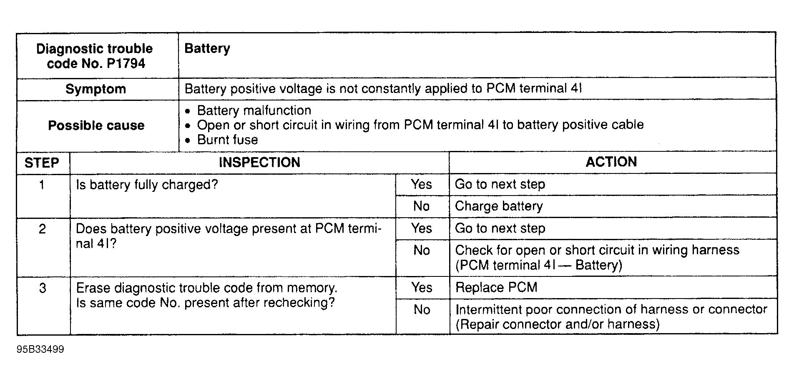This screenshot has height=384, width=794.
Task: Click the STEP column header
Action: (x=42, y=163)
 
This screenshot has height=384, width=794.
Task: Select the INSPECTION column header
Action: (x=259, y=162)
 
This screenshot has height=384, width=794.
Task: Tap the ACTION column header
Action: (x=611, y=162)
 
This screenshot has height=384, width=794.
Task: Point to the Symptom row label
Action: (x=96, y=89)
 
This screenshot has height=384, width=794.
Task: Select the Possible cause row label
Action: (x=96, y=125)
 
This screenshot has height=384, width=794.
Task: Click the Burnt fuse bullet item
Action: (x=227, y=140)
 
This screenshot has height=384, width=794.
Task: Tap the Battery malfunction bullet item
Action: (x=254, y=110)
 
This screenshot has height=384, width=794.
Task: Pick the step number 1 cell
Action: (x=42, y=185)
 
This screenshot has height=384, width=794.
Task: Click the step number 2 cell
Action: (x=42, y=229)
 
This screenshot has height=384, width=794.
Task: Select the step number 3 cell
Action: (x=42, y=288)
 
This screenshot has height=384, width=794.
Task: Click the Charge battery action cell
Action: (x=499, y=206)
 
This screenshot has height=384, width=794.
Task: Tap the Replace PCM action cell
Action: (x=496, y=287)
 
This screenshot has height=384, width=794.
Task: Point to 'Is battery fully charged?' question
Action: (x=147, y=184)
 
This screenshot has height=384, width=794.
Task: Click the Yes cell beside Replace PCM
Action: (x=422, y=287)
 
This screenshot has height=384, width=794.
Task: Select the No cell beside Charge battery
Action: (x=422, y=206)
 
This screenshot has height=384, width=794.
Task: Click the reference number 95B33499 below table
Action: (x=40, y=349)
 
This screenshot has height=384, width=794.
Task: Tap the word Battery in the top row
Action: (x=207, y=49)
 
